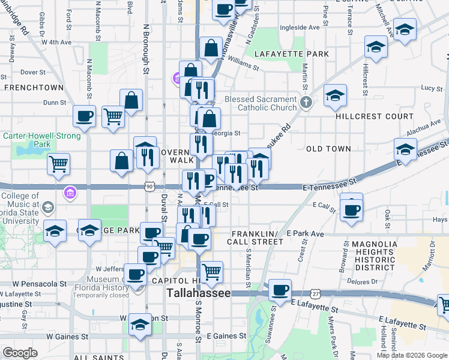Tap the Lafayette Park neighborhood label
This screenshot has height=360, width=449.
pyautogui.click(x=291, y=54)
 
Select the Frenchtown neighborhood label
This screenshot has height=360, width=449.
pyautogui.click(x=34, y=88)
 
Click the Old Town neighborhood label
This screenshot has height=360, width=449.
pyautogui.click(x=328, y=148)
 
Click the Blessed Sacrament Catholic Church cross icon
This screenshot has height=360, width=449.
pyautogui.click(x=306, y=101)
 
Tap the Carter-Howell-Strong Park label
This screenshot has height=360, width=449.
pyautogui.click(x=34, y=140)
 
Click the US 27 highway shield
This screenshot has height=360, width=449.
pyautogui.click(x=316, y=293)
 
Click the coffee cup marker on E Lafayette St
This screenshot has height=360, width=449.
pyautogui.click(x=280, y=290)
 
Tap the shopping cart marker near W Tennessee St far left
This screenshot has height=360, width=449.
pyautogui.click(x=58, y=163)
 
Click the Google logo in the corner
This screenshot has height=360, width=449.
pyautogui.click(x=20, y=353)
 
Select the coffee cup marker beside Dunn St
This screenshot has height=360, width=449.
pyautogui.click(x=84, y=115)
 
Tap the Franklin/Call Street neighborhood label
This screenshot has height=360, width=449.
pyautogui.click(x=255, y=238)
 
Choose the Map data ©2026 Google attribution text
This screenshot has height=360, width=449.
pyautogui.click(x=412, y=355)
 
